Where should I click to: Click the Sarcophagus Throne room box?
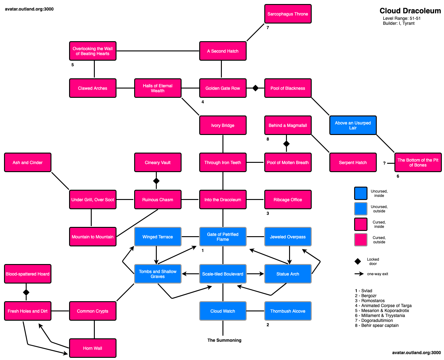(288, 14)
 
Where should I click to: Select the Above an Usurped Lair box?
(353, 125)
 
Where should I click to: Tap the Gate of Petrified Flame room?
(222, 237)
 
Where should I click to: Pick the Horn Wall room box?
(93, 348)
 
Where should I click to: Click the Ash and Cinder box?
(28, 163)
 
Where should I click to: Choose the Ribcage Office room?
(288, 200)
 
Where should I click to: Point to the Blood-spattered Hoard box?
(28, 274)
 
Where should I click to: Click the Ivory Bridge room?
(222, 125)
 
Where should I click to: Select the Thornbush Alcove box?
(288, 311)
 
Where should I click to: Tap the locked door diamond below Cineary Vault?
(156, 181)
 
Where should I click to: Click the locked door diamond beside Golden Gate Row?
(255, 88)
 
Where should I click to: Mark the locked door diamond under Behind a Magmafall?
(286, 144)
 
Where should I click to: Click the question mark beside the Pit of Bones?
(384, 163)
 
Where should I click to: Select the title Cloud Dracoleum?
(410, 11)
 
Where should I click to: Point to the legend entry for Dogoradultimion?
(374, 320)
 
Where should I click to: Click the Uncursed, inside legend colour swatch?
(361, 193)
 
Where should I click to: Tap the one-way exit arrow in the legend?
(359, 274)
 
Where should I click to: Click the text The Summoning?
(224, 340)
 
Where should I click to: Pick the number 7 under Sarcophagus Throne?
(268, 28)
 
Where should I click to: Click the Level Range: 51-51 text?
(402, 18)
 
